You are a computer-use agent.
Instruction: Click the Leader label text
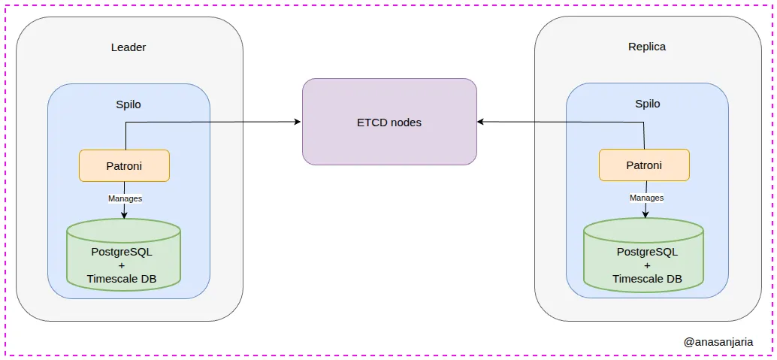tap(128, 47)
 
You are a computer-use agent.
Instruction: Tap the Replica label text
tap(647, 47)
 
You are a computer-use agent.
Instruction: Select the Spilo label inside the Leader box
tap(128, 104)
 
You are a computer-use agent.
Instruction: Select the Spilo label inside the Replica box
tap(647, 104)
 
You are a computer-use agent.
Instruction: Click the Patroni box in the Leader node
tap(124, 165)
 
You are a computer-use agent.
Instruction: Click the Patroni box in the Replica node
tap(644, 165)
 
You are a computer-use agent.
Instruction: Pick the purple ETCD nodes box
tap(389, 122)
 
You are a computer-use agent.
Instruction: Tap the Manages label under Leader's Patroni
tap(125, 198)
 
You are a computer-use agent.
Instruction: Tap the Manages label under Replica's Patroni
tap(646, 198)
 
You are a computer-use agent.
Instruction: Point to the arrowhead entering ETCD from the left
tap(298, 122)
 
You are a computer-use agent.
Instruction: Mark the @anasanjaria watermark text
tap(718, 341)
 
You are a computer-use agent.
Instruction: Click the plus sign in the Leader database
tap(122, 266)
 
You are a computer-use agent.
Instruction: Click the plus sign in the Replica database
tap(647, 265)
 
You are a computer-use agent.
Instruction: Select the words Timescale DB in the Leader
tap(122, 280)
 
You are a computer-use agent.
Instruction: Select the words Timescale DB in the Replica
tap(647, 279)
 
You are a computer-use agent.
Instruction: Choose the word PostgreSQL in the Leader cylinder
tap(122, 252)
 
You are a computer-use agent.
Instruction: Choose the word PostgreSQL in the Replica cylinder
tap(647, 252)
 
